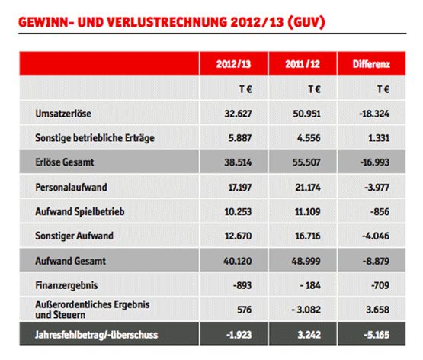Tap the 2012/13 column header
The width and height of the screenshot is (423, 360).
click(x=233, y=64)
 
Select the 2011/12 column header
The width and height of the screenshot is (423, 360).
click(x=303, y=64)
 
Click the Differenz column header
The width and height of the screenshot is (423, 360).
click(x=371, y=64)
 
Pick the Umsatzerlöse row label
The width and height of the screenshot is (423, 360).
click(x=63, y=114)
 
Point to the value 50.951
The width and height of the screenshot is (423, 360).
click(x=306, y=114)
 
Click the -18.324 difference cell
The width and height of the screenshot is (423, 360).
click(x=374, y=114)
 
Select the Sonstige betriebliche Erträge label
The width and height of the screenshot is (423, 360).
click(x=95, y=138)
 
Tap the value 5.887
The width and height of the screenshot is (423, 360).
click(x=240, y=138)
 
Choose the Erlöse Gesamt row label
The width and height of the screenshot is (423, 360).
click(x=65, y=162)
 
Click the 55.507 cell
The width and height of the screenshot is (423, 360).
click(x=306, y=162)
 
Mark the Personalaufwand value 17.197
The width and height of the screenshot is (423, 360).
click(x=240, y=188)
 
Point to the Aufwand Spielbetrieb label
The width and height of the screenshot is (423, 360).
click(x=80, y=212)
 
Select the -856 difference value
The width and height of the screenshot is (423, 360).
click(x=380, y=211)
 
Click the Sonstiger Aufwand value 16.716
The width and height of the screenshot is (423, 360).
click(x=308, y=236)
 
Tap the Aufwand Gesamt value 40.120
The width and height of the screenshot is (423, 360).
click(x=237, y=261)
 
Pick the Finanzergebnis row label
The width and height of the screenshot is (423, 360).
click(x=66, y=285)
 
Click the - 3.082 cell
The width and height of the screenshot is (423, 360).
click(x=306, y=310)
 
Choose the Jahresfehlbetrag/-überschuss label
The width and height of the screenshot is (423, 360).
click(x=96, y=335)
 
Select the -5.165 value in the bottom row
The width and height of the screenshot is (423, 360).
click(x=377, y=335)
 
